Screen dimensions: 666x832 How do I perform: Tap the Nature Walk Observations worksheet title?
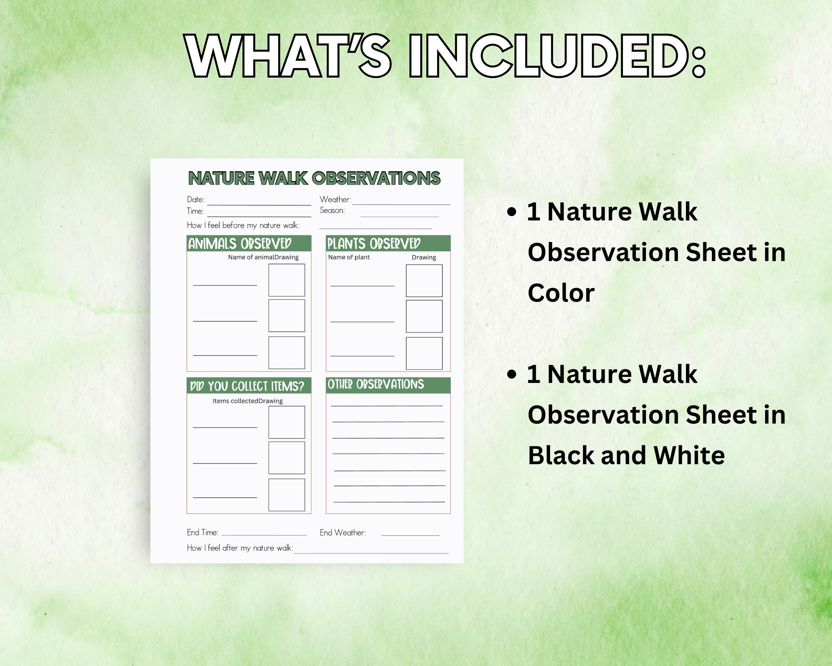[314, 178]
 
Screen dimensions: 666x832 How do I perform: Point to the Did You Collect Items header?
[249, 386]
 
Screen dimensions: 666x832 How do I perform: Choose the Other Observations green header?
[388, 385]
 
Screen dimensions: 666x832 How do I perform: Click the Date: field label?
[196, 199]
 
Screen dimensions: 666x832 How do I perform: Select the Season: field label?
[332, 210]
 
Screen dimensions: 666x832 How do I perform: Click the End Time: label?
[203, 532]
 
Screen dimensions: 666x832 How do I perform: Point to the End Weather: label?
[343, 533]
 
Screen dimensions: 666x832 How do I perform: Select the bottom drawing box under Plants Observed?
[424, 353]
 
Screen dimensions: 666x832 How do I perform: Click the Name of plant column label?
[349, 257]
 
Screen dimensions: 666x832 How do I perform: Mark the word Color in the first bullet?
[561, 293]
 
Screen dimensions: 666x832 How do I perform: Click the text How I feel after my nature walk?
[240, 548]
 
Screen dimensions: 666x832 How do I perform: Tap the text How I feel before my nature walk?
[243, 225]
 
